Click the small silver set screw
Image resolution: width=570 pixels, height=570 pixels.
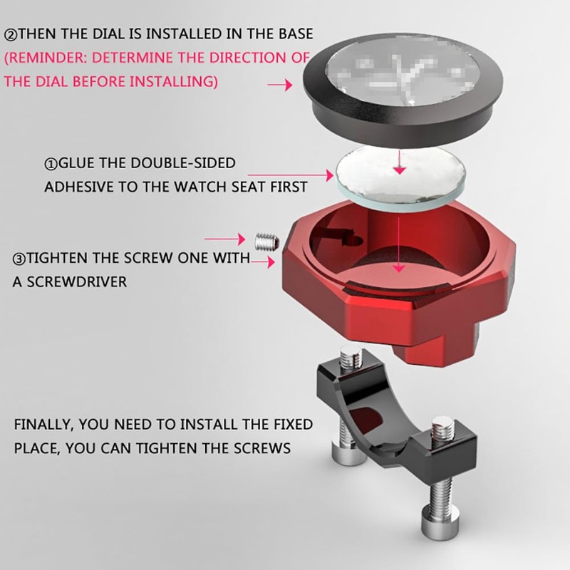click(x=266, y=242)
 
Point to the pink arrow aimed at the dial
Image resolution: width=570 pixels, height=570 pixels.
click(x=280, y=85)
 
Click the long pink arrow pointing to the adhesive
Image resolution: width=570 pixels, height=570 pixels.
click(x=291, y=175)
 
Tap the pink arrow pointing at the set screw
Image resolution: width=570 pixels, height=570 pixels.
click(x=225, y=239)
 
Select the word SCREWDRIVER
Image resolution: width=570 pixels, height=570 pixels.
click(x=77, y=282)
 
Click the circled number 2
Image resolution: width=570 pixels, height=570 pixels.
click(x=11, y=35)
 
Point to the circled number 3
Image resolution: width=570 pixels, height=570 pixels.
click(x=19, y=259)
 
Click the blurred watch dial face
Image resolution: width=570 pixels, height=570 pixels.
click(x=401, y=71)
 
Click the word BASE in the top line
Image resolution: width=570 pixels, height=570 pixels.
click(x=296, y=33)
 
